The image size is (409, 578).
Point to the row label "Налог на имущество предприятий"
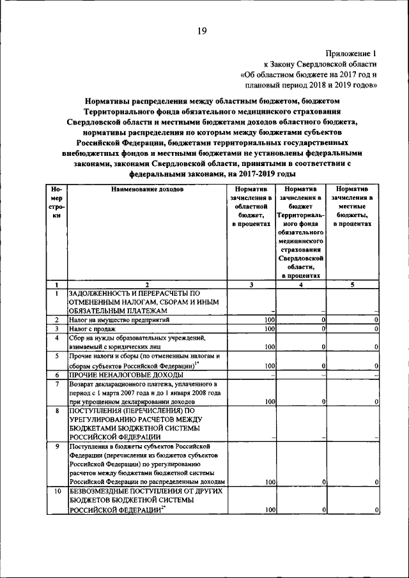click(x=120, y=319)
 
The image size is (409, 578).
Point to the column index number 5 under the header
click(x=352, y=285)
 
